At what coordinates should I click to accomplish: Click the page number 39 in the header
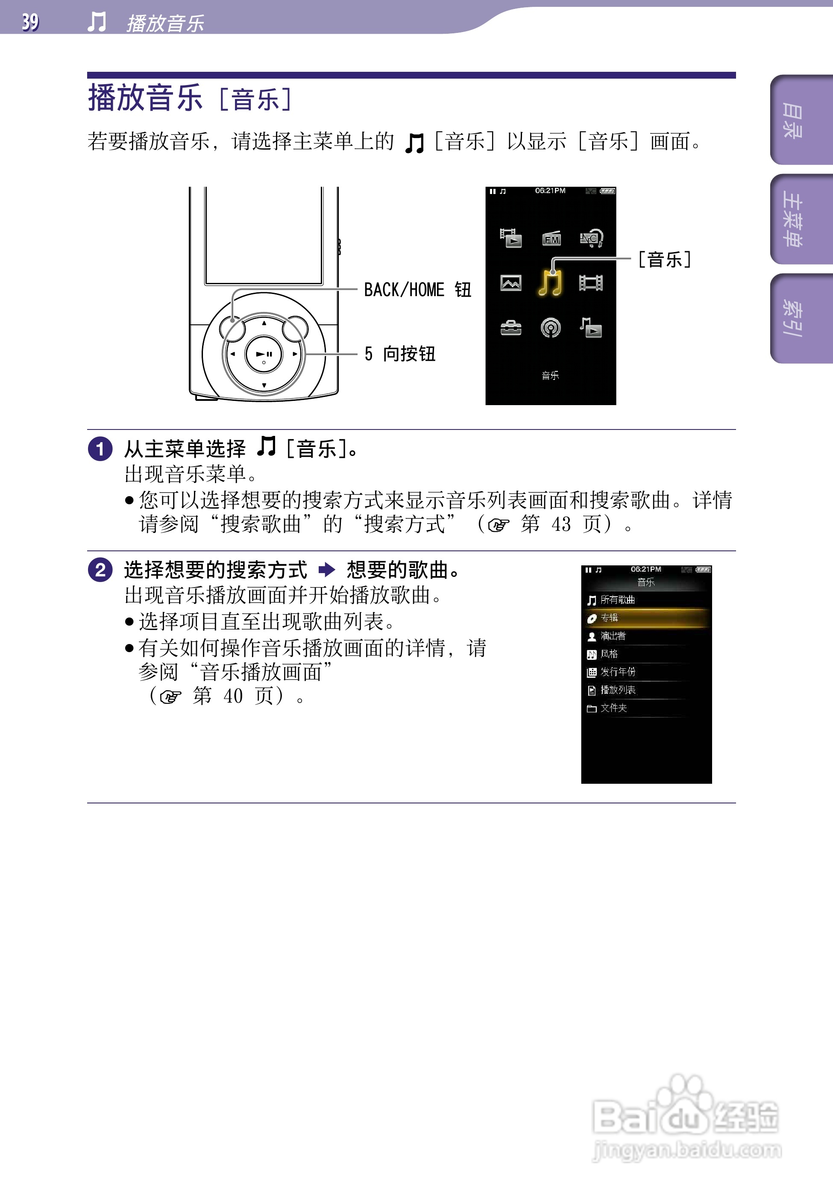30,22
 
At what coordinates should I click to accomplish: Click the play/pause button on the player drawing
264,354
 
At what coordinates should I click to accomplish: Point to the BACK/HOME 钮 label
417,290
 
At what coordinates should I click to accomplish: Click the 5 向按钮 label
400,354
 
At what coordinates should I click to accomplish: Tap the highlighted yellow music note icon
551,283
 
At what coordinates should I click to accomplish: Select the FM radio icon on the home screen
551,239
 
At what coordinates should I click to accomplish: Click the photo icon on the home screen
510,283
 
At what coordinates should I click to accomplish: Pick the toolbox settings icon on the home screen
510,328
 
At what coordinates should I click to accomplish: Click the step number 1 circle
100,449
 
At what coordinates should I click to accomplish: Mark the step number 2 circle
100,570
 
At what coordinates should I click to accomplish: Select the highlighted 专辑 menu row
646,618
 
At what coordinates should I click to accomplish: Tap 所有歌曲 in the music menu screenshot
618,600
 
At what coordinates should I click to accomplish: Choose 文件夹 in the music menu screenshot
613,708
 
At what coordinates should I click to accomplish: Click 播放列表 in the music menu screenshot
618,690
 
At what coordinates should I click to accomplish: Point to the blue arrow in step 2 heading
327,570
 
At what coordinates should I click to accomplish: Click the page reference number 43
561,524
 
